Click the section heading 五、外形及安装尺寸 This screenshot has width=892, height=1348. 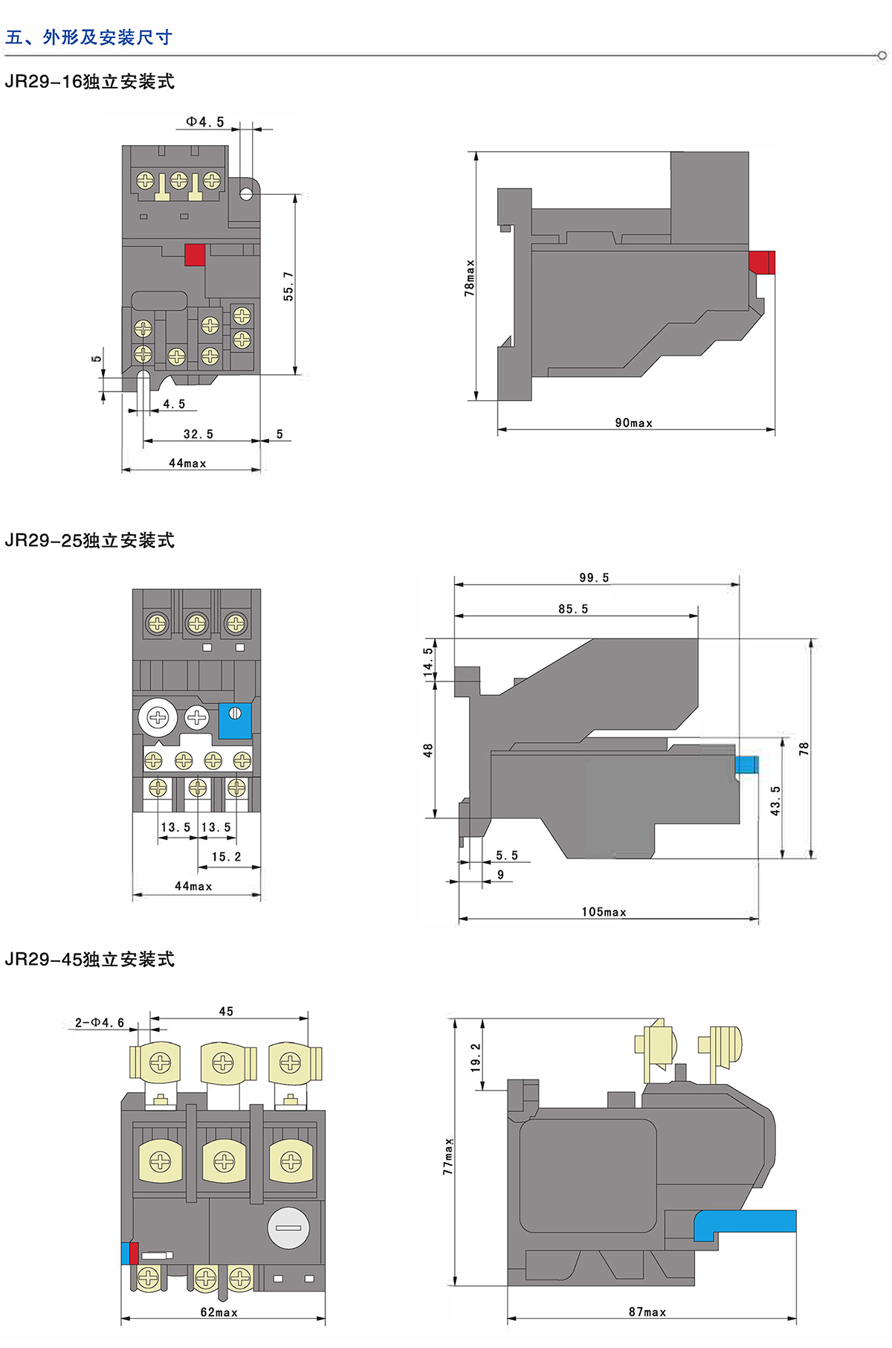pyautogui.click(x=88, y=37)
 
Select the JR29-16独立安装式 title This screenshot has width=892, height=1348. pyautogui.click(x=89, y=82)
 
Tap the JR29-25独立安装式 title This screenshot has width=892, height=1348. pyautogui.click(x=89, y=541)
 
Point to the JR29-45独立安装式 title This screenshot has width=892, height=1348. pyautogui.click(x=89, y=960)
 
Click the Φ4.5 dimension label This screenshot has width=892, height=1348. pyautogui.click(x=204, y=122)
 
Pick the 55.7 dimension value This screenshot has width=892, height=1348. pyautogui.click(x=288, y=286)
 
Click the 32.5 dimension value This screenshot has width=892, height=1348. pyautogui.click(x=198, y=434)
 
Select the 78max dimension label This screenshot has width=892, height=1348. pyautogui.click(x=469, y=278)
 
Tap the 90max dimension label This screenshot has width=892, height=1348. pyautogui.click(x=633, y=423)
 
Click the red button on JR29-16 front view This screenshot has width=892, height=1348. pyautogui.click(x=195, y=254)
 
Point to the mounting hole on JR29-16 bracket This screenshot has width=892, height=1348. pyautogui.click(x=246, y=193)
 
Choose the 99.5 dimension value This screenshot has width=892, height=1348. pyautogui.click(x=594, y=578)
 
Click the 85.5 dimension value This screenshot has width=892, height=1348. pyautogui.click(x=573, y=609)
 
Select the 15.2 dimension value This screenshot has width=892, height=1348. pyautogui.click(x=226, y=857)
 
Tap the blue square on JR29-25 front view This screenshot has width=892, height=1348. pyautogui.click(x=235, y=720)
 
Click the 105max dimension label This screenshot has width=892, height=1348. pyautogui.click(x=604, y=912)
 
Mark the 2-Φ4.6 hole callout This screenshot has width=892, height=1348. pyautogui.click(x=100, y=1023)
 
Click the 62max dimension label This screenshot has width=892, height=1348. pyautogui.click(x=219, y=1312)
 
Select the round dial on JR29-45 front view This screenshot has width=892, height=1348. pyautogui.click(x=288, y=1227)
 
